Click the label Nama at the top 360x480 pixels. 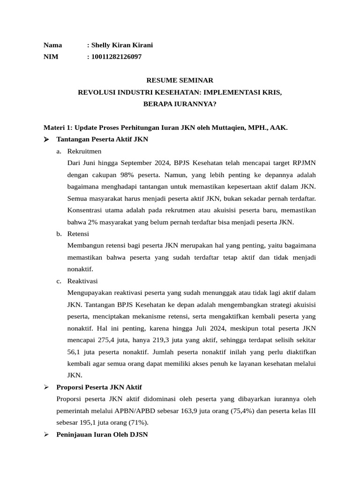click(x=52, y=45)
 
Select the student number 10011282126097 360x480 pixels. click(x=116, y=57)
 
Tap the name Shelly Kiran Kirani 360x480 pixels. click(x=122, y=45)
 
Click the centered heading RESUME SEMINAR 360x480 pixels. click(x=180, y=81)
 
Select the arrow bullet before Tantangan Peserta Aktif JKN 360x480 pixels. click(x=46, y=139)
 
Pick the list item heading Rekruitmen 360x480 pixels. click(x=84, y=151)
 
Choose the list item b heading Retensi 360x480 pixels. click(x=78, y=234)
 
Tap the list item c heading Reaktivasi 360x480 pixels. click(x=82, y=281)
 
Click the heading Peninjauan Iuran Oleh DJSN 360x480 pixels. click(x=102, y=434)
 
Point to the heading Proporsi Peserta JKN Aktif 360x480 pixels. click(x=99, y=387)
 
